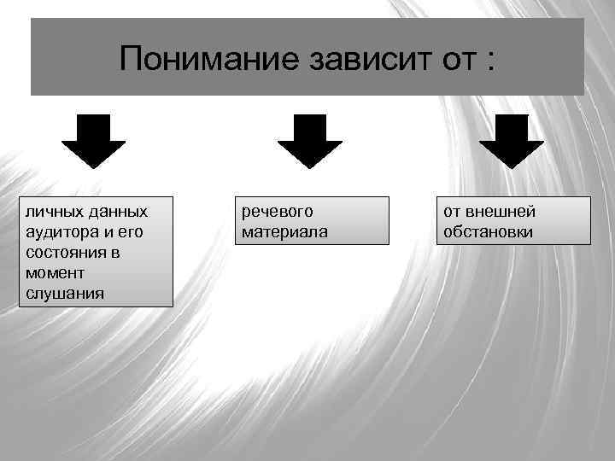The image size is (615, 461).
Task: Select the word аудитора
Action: (61, 232)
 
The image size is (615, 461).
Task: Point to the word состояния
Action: (66, 253)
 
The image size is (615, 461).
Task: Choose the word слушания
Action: (64, 295)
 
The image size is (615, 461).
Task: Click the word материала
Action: (284, 232)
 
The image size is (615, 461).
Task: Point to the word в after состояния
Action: (115, 253)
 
